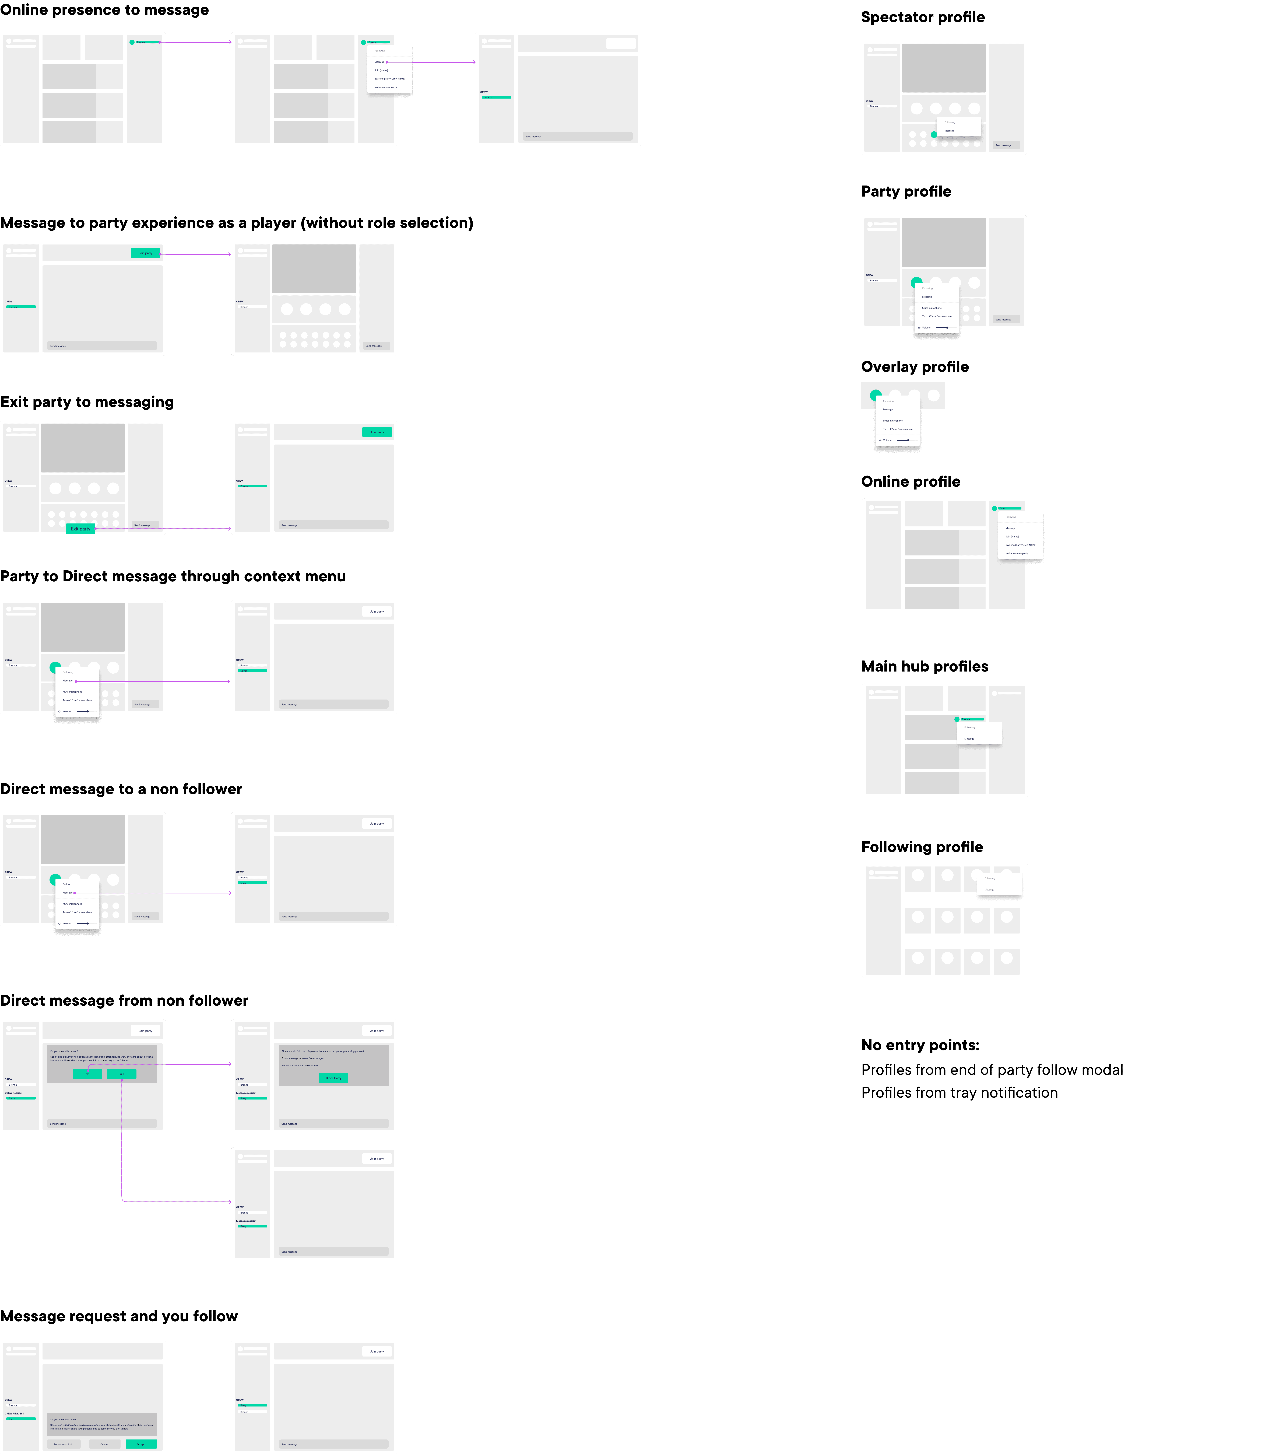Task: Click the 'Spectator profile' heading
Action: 923,17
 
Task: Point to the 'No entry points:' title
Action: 920,1045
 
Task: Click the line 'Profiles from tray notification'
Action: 959,1093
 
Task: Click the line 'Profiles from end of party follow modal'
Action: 992,1070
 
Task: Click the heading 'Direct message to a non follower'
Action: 121,789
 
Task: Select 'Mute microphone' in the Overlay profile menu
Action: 893,420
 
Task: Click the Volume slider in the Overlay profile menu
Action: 903,440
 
